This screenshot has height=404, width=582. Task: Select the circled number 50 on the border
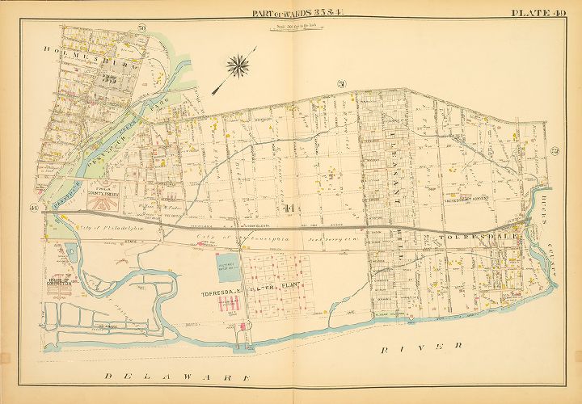click(x=141, y=30)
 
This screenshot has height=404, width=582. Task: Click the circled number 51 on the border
click(x=341, y=83)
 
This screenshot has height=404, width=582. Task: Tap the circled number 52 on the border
click(x=555, y=150)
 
